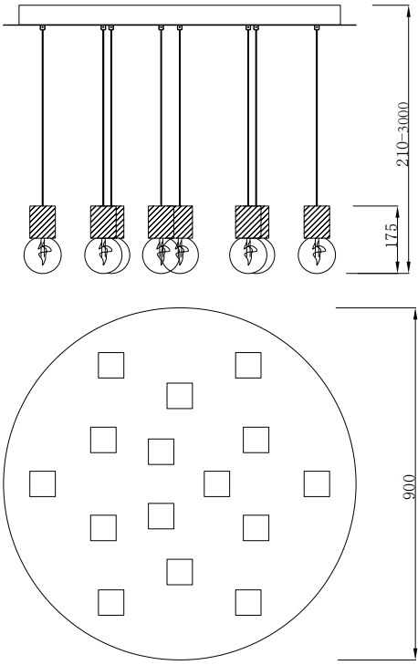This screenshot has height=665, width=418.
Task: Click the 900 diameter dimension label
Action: [x=409, y=487]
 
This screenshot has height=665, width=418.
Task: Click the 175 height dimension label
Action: [x=392, y=235]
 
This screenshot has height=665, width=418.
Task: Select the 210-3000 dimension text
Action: [x=403, y=134]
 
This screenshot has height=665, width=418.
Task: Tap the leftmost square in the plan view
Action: [x=42, y=483]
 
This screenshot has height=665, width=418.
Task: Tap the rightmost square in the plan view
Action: [x=317, y=483]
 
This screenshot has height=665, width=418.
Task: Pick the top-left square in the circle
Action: [x=111, y=365]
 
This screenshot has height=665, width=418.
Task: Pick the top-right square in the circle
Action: [x=248, y=365]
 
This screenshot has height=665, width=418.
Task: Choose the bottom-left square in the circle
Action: [x=111, y=602]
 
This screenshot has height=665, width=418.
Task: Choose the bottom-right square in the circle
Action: [x=248, y=602]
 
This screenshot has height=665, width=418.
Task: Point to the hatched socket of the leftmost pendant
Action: [x=42, y=222]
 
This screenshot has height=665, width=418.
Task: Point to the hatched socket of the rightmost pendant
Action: [x=317, y=222]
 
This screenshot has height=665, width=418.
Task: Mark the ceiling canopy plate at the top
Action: [x=180, y=15]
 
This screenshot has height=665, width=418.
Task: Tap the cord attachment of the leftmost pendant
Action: [x=42, y=28]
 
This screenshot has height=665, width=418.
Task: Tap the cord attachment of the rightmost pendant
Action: [x=317, y=28]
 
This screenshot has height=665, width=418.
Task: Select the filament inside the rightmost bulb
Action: [x=318, y=252]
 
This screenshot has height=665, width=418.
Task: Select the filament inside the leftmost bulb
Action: [x=43, y=252]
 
